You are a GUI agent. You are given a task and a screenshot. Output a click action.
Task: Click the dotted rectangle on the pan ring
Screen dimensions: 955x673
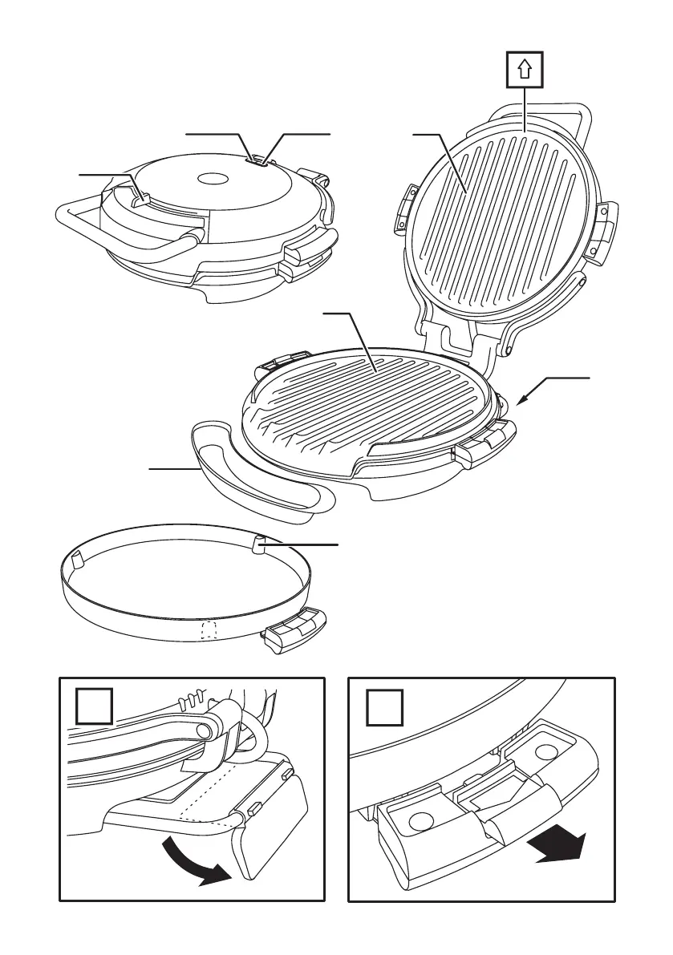point(209,630)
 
